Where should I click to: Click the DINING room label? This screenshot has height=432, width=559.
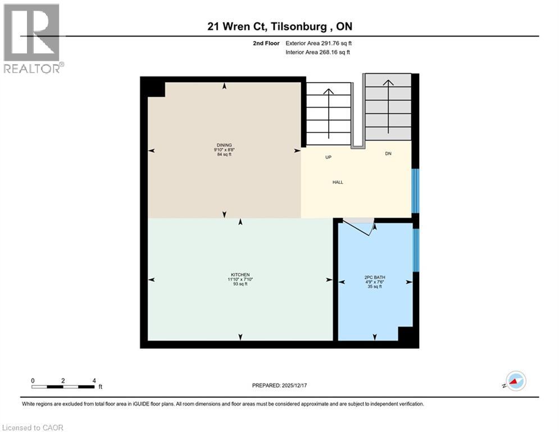pos(223,145)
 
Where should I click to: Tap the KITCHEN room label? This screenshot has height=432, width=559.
pos(240,275)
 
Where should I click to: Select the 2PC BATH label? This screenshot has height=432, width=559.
pos(374,277)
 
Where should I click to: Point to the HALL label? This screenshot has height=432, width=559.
pos(338,182)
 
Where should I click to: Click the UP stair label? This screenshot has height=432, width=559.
pos(329,157)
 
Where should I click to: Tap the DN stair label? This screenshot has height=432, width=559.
pos(388,154)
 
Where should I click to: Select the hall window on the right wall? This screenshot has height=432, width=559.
pos(415,191)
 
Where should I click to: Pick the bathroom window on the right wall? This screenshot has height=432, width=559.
pos(415,249)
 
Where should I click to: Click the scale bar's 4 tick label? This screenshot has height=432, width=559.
pos(93,380)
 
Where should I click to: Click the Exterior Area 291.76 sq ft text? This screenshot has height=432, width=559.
pos(319,43)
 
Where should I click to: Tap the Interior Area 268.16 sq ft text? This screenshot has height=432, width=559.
pos(318,52)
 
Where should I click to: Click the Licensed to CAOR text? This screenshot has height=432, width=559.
pos(32,427)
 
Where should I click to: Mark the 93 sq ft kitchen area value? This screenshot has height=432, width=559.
pos(240,285)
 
